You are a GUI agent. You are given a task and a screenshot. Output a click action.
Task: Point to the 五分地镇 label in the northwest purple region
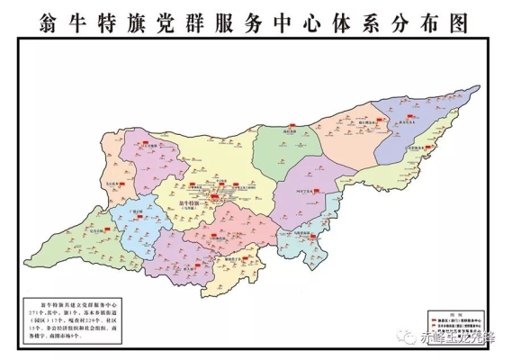(x=148, y=144)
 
